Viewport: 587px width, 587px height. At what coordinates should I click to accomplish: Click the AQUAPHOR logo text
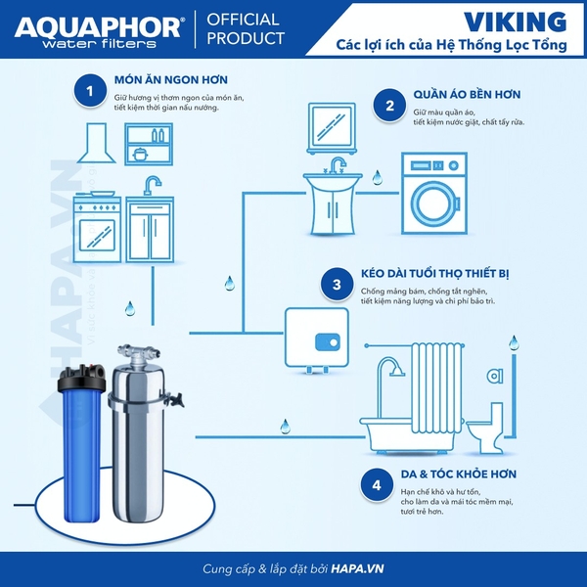click(x=99, y=26)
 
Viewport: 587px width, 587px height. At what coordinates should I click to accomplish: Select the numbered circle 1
click(x=90, y=90)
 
